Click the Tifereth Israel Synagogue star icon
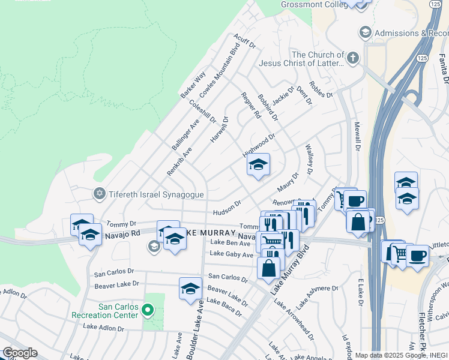pos(100,194)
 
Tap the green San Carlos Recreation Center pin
pos(148,310)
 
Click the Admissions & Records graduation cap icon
pos(364,32)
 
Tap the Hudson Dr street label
pos(227,208)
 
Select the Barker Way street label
pos(193,85)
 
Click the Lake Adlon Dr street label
pos(104,328)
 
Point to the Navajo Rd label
pos(122,233)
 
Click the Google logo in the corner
pos(20,353)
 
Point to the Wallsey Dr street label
pos(309,160)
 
